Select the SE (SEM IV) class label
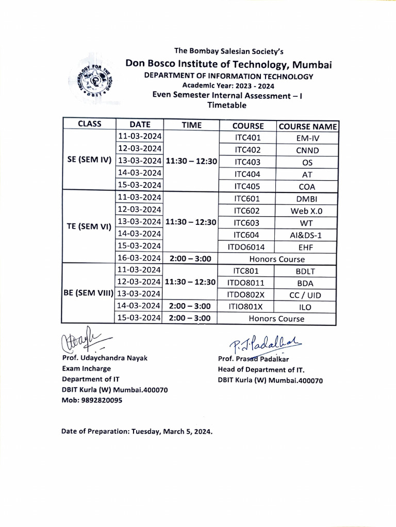[x=89, y=160]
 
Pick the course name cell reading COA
[x=307, y=187]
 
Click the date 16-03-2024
[x=139, y=259]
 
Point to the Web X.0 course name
[x=307, y=211]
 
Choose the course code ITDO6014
[x=247, y=247]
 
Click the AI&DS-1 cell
[x=307, y=235]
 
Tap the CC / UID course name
[x=307, y=295]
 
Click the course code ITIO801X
[x=247, y=307]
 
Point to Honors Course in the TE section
[x=277, y=259]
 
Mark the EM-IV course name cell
[x=307, y=138]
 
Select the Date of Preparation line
[x=137, y=431]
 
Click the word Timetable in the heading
[x=227, y=105]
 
